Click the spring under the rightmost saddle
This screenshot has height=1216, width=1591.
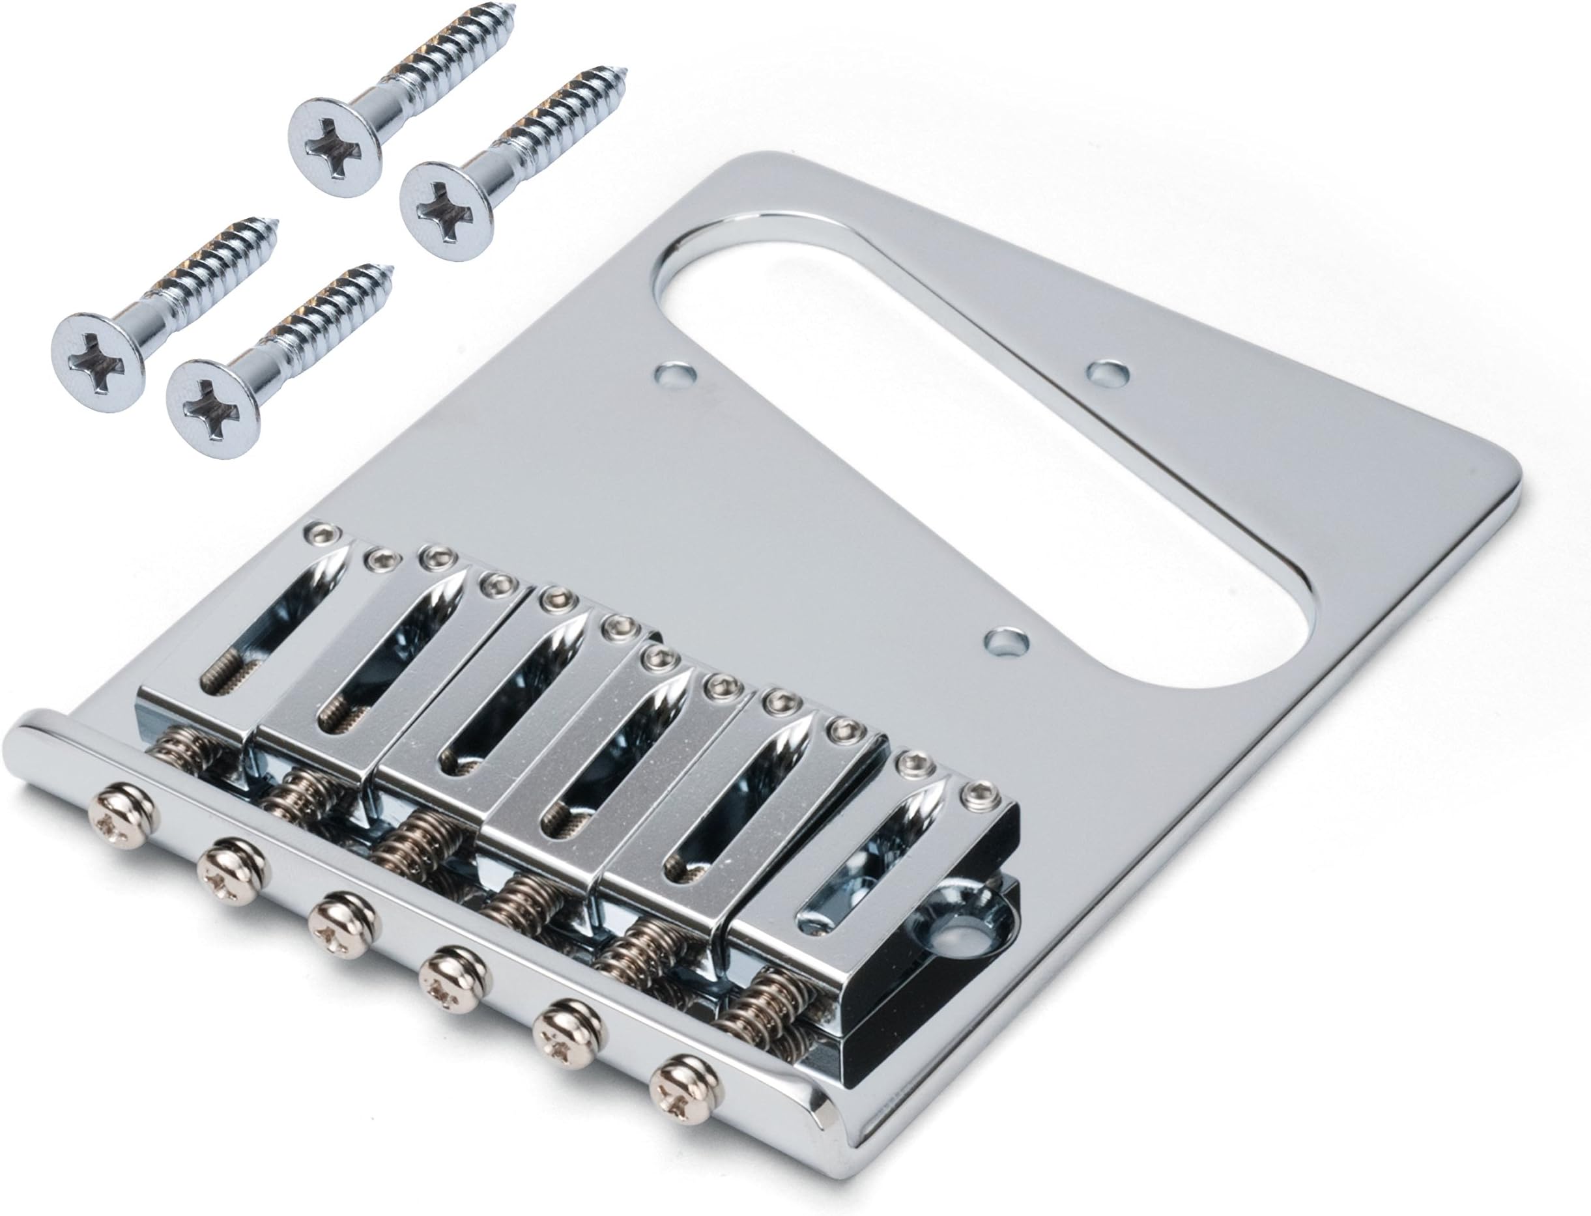point(760,1006)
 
